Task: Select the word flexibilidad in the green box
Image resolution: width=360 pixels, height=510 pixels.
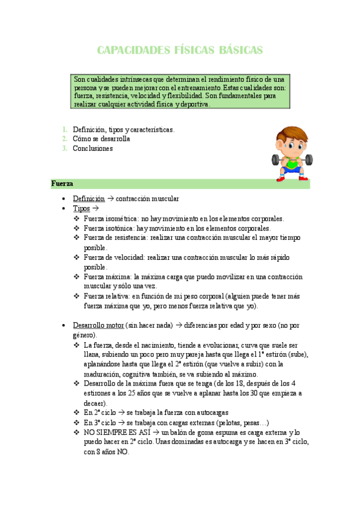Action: pyautogui.click(x=182, y=96)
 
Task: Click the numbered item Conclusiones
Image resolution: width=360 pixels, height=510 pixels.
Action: pyautogui.click(x=93, y=149)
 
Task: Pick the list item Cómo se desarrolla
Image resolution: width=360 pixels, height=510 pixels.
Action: pyautogui.click(x=101, y=139)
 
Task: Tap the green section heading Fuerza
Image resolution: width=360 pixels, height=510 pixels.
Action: pyautogui.click(x=63, y=184)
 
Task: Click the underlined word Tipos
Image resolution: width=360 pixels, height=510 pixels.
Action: pyautogui.click(x=81, y=209)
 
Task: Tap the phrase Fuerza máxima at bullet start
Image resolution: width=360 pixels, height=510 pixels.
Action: pyautogui.click(x=106, y=277)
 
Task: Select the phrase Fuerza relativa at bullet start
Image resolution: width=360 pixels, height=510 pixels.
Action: pyautogui.click(x=107, y=296)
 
